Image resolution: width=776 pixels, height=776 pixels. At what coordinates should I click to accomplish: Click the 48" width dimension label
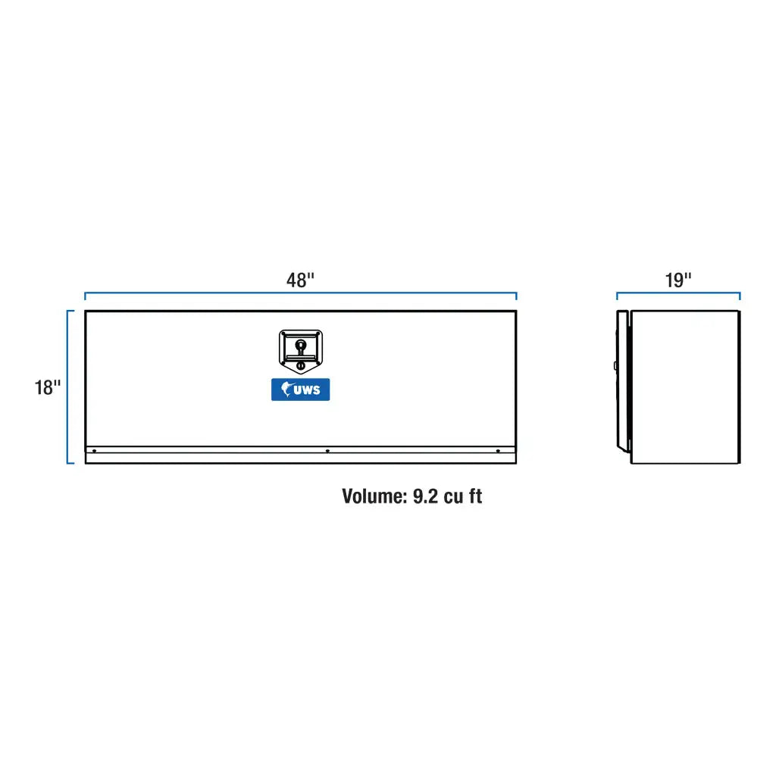(300, 280)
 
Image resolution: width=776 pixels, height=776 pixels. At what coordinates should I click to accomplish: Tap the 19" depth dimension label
(678, 280)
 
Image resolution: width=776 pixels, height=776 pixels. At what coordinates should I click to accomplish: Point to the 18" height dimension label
(47, 387)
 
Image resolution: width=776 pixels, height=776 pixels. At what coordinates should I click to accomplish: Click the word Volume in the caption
(374, 496)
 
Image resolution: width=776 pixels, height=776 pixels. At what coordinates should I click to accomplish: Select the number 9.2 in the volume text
(425, 496)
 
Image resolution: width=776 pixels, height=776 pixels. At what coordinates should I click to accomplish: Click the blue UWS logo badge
(300, 390)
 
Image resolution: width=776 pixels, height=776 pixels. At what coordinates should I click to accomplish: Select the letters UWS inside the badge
(307, 390)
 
